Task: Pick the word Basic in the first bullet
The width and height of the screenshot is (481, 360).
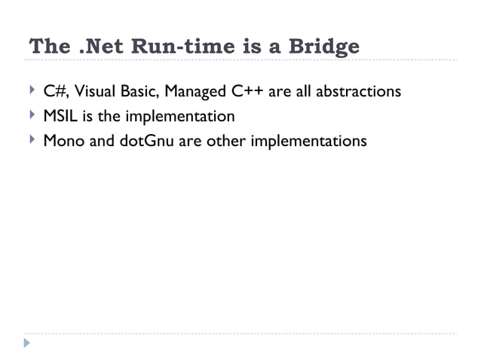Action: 136,93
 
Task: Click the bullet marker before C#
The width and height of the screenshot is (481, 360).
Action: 31,92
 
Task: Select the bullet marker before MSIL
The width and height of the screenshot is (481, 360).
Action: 31,116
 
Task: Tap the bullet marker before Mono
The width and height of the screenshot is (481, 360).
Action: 31,140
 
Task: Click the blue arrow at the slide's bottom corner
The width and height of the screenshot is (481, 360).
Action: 28,343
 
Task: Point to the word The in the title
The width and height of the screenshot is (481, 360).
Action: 49,47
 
